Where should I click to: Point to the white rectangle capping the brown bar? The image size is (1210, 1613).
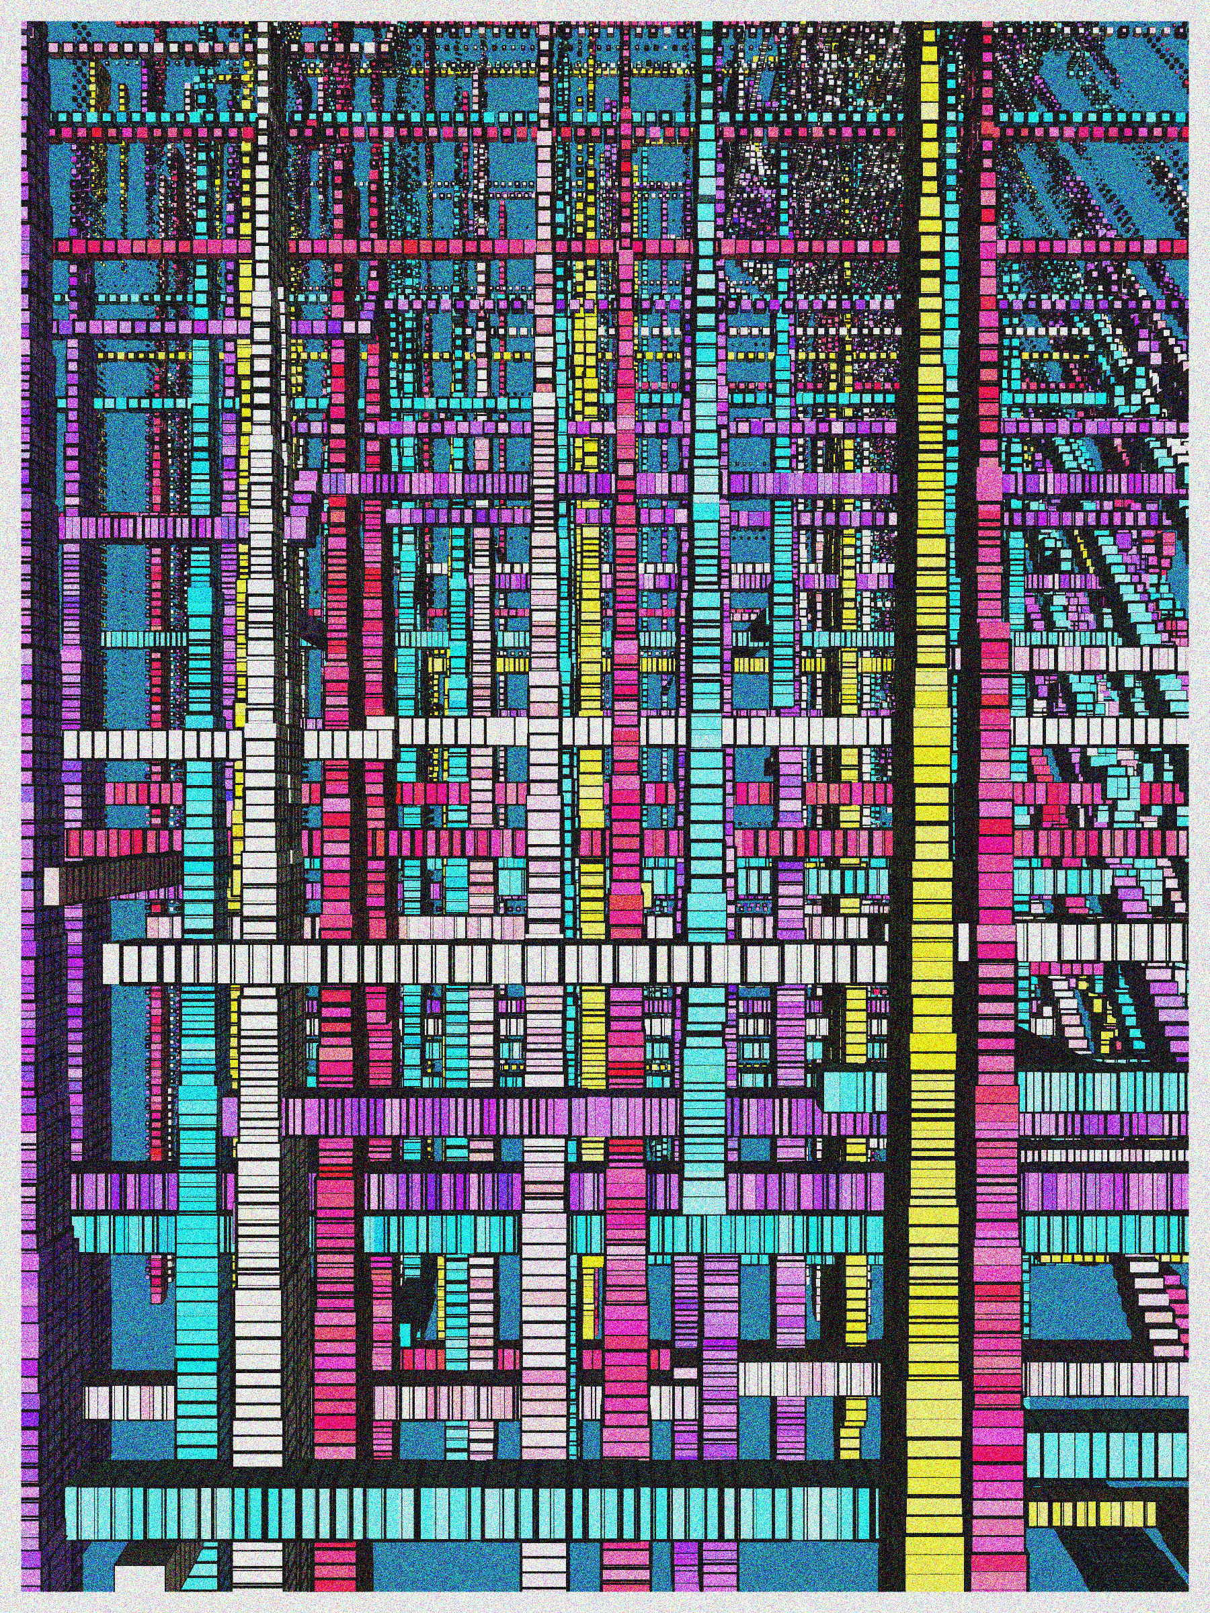coord(52,882)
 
